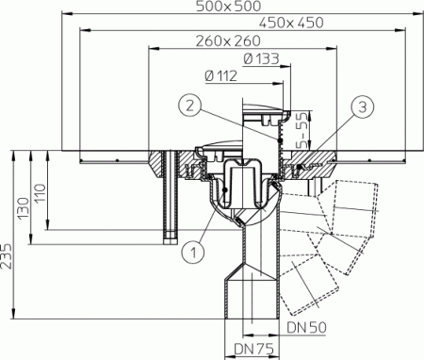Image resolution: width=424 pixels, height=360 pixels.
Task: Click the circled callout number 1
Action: coord(192,251)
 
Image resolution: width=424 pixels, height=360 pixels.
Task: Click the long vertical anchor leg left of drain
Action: coord(170,198)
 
